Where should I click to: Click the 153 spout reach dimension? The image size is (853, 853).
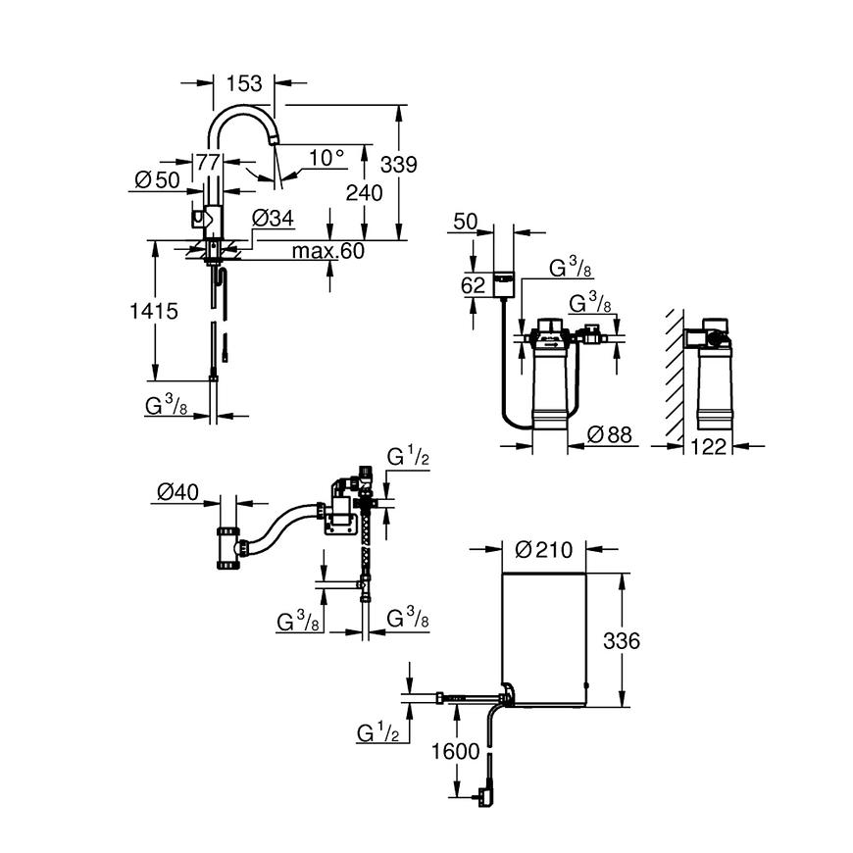click(244, 82)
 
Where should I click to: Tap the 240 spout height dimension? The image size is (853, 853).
click(364, 193)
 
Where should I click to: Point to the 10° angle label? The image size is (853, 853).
click(327, 157)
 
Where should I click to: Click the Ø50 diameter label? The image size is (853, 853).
click(157, 180)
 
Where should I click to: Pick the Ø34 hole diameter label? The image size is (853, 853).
click(273, 218)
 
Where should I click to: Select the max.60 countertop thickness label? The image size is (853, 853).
click(327, 252)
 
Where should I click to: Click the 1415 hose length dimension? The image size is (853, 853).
click(155, 312)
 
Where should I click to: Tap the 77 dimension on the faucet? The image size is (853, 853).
click(207, 163)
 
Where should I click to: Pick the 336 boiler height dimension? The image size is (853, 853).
click(622, 641)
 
